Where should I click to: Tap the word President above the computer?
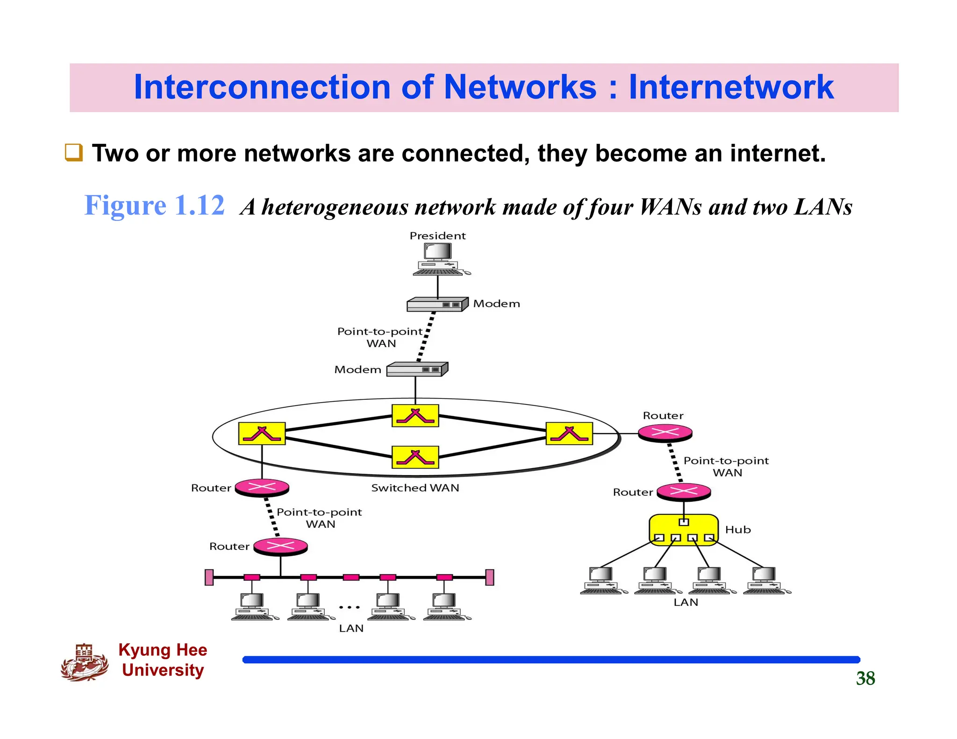coord(437,236)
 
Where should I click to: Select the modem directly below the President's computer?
coord(437,305)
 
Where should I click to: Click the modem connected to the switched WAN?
coord(417,369)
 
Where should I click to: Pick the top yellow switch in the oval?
coord(415,416)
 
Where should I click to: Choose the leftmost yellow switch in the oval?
coord(262,433)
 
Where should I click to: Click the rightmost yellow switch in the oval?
coord(569,433)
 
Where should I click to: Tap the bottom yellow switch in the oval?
coord(415,457)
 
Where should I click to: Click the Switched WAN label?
coord(415,488)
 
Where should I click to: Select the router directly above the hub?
coord(684,492)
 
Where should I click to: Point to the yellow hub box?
coord(684,529)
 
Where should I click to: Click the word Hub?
coord(738,530)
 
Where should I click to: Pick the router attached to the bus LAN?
coord(280,546)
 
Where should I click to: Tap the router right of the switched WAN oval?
coord(665,433)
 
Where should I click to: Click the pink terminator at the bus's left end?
coord(209,577)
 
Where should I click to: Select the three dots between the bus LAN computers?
coord(350,607)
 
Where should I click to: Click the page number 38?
coord(865,678)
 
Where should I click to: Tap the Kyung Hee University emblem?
coord(85,662)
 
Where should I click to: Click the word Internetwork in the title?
coord(731,87)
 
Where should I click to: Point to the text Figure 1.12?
coord(154,206)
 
